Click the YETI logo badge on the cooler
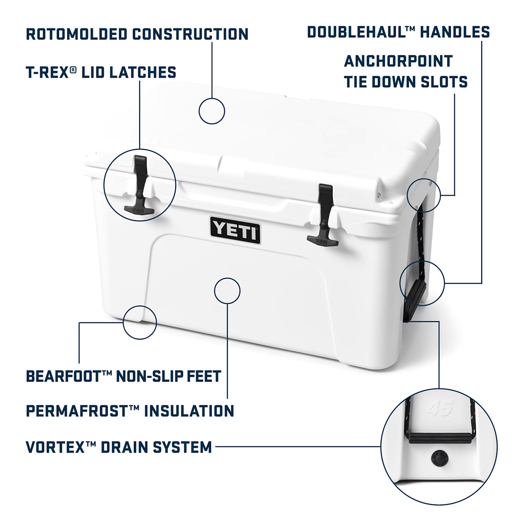(x=235, y=230)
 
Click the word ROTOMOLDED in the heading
(x=76, y=34)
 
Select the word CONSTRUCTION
(x=190, y=34)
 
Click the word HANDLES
(x=455, y=32)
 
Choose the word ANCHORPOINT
(x=398, y=61)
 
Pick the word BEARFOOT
(x=64, y=376)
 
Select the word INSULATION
(x=189, y=411)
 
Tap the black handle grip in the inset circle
(x=439, y=438)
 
